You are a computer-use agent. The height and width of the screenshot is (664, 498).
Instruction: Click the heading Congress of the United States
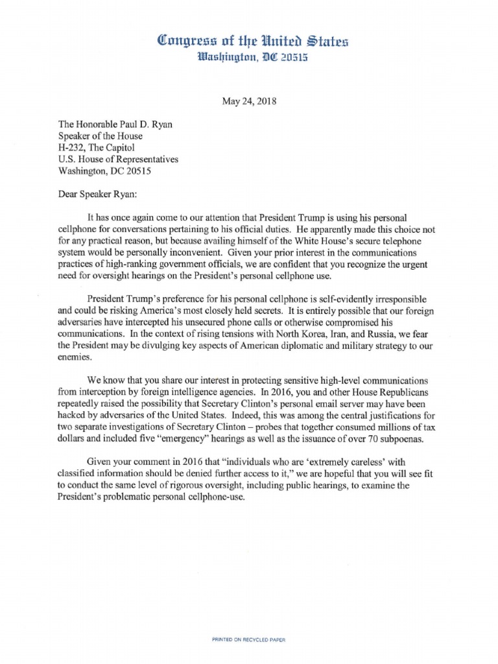pyautogui.click(x=248, y=43)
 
